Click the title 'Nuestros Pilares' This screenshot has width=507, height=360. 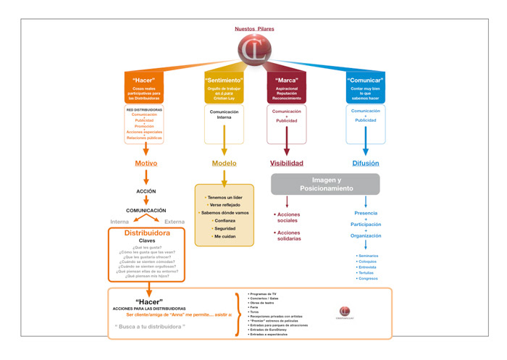(x=254, y=29)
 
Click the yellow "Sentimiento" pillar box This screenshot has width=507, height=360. (x=224, y=88)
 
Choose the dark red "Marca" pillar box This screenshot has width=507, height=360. (x=286, y=88)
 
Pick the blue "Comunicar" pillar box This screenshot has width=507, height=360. (x=365, y=88)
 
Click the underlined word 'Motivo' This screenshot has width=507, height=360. (x=146, y=164)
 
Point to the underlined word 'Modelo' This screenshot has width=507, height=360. (x=224, y=164)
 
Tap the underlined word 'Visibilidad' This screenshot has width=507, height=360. (x=286, y=164)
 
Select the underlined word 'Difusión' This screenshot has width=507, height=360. (x=365, y=164)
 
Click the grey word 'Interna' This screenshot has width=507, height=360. (x=120, y=221)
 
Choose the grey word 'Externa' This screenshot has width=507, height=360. (x=175, y=221)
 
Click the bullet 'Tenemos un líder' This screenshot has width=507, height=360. (x=225, y=197)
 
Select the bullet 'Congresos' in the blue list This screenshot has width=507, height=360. (x=368, y=278)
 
